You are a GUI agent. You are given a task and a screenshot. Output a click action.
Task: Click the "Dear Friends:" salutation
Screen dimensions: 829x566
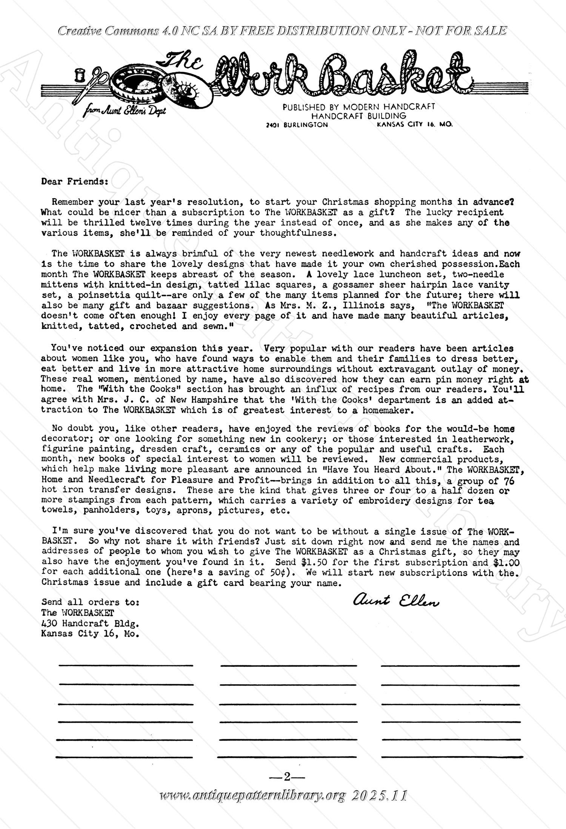pos(75,181)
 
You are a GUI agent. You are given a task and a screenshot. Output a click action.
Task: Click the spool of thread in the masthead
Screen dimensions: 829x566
pos(79,75)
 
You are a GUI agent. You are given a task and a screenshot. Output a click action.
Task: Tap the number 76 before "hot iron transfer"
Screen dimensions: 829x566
pos(509,481)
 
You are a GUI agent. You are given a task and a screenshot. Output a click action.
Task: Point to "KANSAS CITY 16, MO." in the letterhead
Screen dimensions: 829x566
pos(414,124)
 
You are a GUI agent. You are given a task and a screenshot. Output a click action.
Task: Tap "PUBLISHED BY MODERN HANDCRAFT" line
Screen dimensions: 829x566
pos(358,107)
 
